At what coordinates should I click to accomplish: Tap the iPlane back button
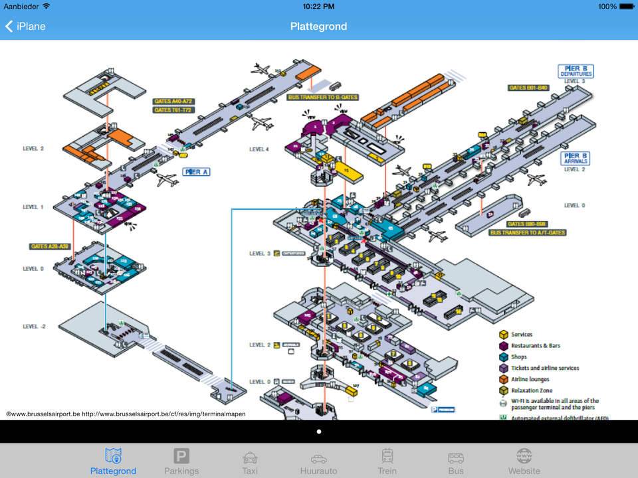pos(25,27)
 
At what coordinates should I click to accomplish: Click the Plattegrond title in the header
pos(318,27)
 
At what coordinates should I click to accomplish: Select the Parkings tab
pos(181,461)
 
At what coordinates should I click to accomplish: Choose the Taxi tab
pos(250,461)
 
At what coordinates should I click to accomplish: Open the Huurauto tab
pos(318,461)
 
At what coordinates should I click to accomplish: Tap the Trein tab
pos(387,461)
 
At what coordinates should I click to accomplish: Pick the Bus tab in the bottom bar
pos(456,461)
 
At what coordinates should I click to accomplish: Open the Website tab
pos(524,461)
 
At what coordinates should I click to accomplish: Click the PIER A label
pos(197,172)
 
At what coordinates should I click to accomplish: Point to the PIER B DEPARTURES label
pos(575,71)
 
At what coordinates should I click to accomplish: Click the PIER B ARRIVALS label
pos(576,158)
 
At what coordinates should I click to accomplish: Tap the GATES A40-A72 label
pos(173,102)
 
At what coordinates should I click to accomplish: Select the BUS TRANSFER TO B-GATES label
pos(322,97)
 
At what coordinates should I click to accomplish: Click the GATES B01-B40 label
pos(528,88)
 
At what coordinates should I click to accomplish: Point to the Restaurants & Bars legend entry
pos(535,346)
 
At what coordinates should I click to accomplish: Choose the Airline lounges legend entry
pos(530,379)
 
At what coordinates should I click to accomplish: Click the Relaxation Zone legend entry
pos(531,390)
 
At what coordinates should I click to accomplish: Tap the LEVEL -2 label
pos(34,327)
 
